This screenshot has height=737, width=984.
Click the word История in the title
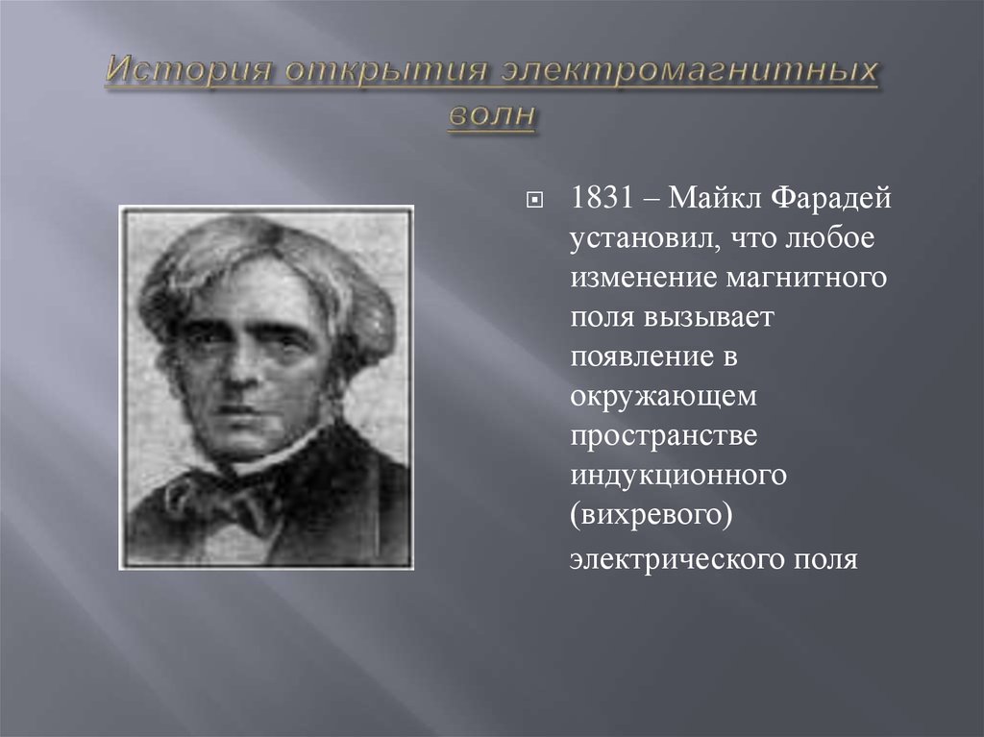click(x=187, y=70)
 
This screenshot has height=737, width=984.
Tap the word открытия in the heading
click(x=386, y=70)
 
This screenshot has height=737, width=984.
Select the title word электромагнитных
click(x=689, y=70)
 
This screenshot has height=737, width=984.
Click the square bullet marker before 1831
click(x=534, y=200)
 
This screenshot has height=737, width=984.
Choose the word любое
click(x=830, y=238)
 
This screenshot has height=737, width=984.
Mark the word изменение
click(x=644, y=278)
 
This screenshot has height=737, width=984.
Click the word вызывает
click(x=709, y=317)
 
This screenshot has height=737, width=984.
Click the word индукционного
click(x=678, y=475)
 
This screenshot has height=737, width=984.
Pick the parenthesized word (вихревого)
click(x=652, y=515)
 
